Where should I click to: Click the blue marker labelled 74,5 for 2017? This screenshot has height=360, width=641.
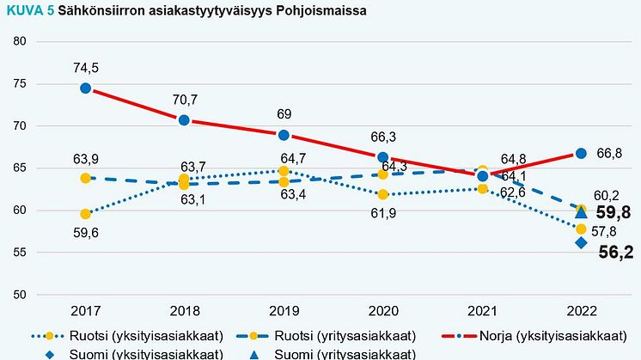click(86, 88)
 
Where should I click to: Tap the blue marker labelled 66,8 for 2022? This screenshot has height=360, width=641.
click(581, 153)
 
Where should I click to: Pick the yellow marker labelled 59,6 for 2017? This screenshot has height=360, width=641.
click(86, 214)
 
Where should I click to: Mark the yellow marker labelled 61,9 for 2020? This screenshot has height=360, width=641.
click(383, 194)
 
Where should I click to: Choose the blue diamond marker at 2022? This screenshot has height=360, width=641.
click(581, 242)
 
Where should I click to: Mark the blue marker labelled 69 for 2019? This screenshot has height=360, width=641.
click(284, 135)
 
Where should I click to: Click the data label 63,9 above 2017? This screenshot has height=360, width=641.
click(86, 159)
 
